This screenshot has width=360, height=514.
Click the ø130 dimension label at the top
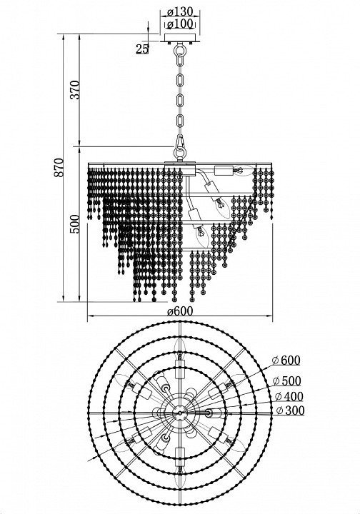click(x=180, y=12)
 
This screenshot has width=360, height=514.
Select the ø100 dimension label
click(x=180, y=24)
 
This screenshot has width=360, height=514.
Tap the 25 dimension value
click(x=142, y=49)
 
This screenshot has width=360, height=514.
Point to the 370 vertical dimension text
click(x=75, y=90)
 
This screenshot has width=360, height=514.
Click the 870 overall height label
click(x=59, y=168)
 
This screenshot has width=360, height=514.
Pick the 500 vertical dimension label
click(x=75, y=224)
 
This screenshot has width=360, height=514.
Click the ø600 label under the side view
click(x=180, y=311)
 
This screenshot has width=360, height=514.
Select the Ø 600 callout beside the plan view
click(x=286, y=361)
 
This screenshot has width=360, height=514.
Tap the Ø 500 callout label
click(x=287, y=381)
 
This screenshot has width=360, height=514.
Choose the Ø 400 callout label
click(x=289, y=396)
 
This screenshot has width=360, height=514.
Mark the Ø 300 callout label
click(x=291, y=410)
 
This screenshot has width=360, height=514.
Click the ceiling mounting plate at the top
click(x=180, y=38)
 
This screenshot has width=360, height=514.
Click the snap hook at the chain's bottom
click(x=180, y=143)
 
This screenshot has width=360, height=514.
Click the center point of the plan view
click(x=180, y=413)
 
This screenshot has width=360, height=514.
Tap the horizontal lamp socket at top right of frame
click(x=224, y=171)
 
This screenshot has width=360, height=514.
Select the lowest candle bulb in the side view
click(x=201, y=236)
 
